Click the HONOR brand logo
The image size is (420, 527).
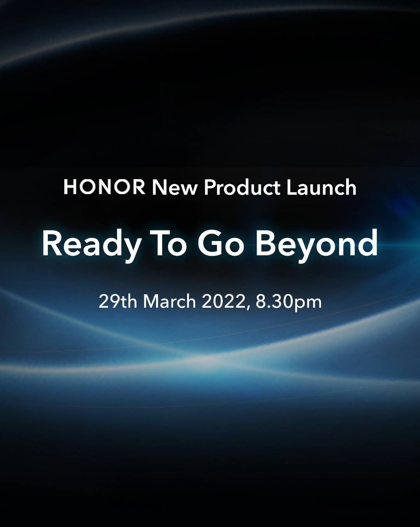[104, 187]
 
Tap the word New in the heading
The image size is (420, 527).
[174, 188]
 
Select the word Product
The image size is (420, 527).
[242, 188]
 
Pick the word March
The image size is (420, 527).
[170, 302]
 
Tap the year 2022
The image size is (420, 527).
[224, 302]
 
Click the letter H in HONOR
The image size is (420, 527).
[70, 187]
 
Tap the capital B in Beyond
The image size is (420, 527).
[265, 244]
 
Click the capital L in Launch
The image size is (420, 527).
[292, 188]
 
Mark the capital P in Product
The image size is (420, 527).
[210, 188]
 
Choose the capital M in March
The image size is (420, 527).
[151, 302]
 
